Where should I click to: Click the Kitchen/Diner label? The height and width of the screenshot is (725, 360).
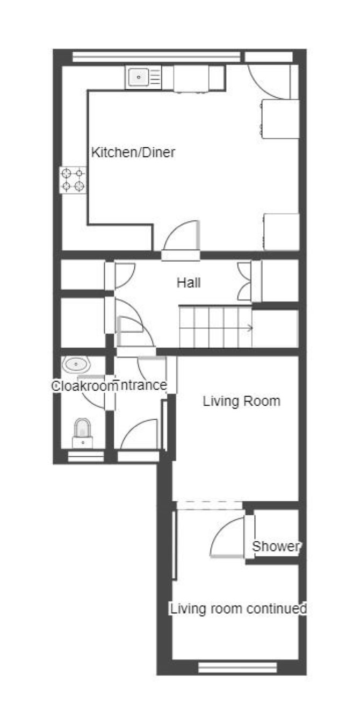click(x=133, y=152)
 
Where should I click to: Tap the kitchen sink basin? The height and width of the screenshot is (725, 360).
click(x=139, y=77)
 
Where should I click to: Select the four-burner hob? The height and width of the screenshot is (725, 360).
click(x=73, y=180)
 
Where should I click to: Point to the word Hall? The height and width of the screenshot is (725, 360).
click(x=189, y=283)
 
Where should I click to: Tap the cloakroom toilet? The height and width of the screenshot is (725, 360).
click(x=83, y=433)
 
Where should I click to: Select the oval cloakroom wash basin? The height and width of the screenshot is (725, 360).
click(x=76, y=364)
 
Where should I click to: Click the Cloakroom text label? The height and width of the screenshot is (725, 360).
click(x=84, y=386)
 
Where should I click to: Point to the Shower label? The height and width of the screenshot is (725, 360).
click(x=276, y=547)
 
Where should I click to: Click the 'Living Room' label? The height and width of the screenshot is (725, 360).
click(x=241, y=401)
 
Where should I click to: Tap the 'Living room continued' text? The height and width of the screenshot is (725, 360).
click(x=239, y=609)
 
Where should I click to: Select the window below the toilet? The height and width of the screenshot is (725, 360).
click(x=86, y=456)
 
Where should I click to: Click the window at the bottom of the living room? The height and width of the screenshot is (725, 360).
click(x=237, y=667)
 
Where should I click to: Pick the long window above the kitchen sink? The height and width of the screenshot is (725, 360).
click(x=156, y=56)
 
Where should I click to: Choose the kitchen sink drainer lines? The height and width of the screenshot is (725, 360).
click(x=156, y=77)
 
